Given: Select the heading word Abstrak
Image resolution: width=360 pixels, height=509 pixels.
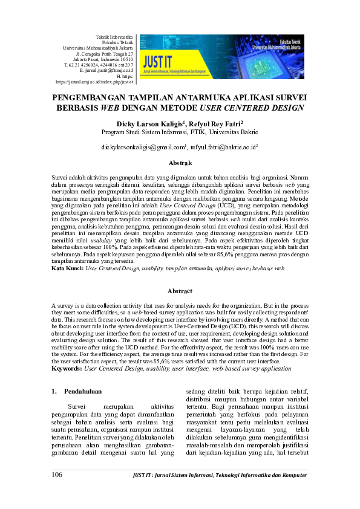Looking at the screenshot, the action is point(180,163).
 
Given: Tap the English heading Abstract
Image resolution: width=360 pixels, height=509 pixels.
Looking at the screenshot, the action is point(180,291).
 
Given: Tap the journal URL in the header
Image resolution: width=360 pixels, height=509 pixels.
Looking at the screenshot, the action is point(94,81).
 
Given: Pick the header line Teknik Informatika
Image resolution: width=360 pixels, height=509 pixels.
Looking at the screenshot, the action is point(115,37).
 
